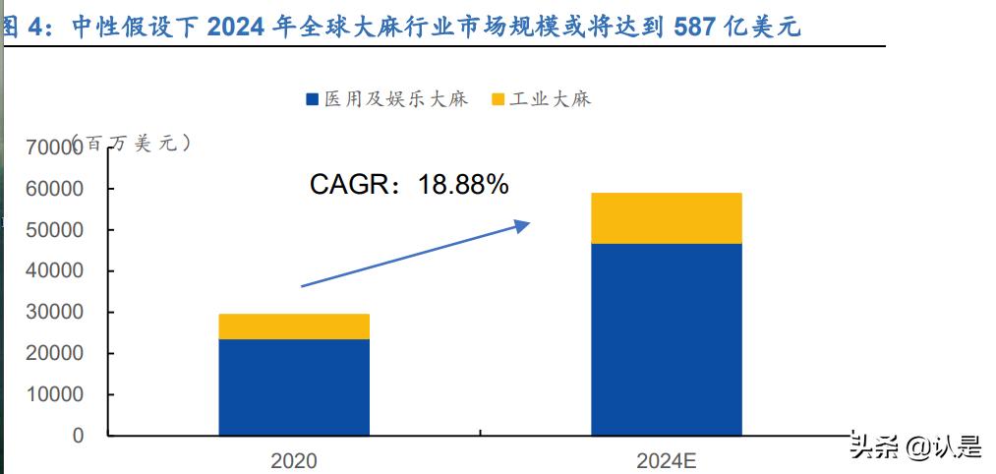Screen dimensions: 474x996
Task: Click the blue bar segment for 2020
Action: [x=294, y=386]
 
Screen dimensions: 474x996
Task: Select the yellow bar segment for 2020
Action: [x=294, y=326]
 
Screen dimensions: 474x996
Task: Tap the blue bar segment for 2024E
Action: [x=666, y=338]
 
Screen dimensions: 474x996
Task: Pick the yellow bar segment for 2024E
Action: [x=666, y=218]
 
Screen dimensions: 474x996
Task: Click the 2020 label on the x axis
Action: [x=294, y=459]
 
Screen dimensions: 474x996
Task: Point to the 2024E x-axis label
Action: [x=666, y=459]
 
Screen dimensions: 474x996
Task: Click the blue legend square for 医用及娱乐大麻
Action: [x=313, y=99]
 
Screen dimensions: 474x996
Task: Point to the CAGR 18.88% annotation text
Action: [x=409, y=184]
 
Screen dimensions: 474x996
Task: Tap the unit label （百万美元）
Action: [x=133, y=144]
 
